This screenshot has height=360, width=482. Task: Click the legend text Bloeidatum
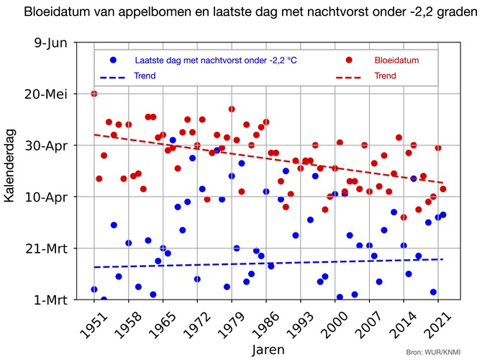click(396, 60)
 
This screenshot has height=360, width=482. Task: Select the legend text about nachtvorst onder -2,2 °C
click(216, 60)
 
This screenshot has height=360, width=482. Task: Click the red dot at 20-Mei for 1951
click(94, 94)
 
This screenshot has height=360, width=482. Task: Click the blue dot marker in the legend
click(113, 60)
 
